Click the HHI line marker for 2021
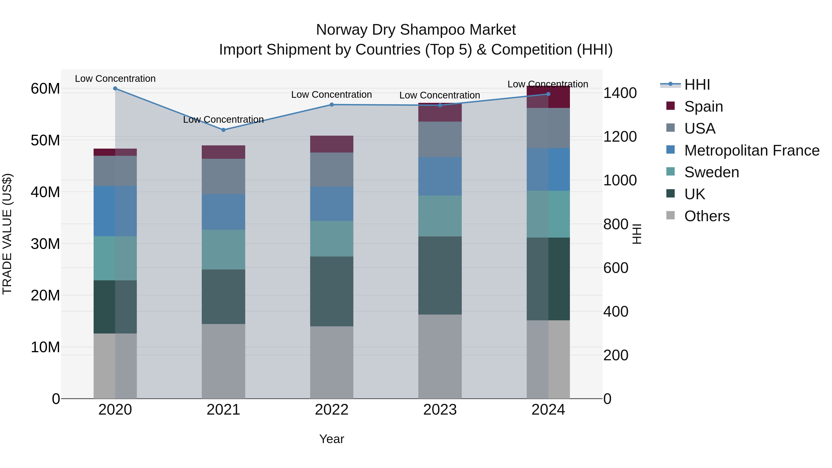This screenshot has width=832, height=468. pyautogui.click(x=223, y=130)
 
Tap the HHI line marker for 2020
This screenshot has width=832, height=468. pyautogui.click(x=115, y=89)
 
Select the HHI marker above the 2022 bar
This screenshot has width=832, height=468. pyautogui.click(x=331, y=105)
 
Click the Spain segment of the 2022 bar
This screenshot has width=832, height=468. pyautogui.click(x=331, y=144)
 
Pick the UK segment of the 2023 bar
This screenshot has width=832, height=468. pyautogui.click(x=440, y=275)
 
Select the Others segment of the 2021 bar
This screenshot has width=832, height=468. pyautogui.click(x=223, y=361)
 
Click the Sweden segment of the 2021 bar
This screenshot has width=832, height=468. pyautogui.click(x=223, y=249)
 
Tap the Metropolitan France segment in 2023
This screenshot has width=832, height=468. pyautogui.click(x=440, y=176)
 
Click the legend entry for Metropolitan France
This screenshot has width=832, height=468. pyautogui.click(x=751, y=150)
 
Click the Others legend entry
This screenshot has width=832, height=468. pyautogui.click(x=707, y=216)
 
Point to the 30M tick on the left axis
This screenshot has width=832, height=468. pyautogui.click(x=45, y=244)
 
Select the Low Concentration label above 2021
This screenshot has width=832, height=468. pyautogui.click(x=223, y=119)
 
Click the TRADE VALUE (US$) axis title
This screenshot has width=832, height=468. pyautogui.click(x=7, y=234)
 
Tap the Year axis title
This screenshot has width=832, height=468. pyautogui.click(x=331, y=439)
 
